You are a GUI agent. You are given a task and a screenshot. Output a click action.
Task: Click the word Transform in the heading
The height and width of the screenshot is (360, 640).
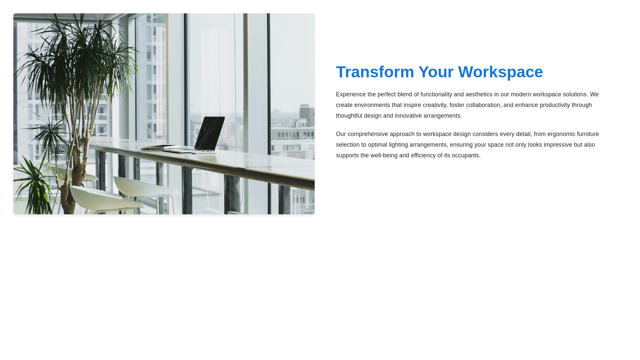pos(375,72)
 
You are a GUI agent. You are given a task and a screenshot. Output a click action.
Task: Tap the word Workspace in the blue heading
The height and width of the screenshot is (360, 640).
pos(500,72)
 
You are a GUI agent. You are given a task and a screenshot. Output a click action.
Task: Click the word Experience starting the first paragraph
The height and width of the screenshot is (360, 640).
pos(351,95)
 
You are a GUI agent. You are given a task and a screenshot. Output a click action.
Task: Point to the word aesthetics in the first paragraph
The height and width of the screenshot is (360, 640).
pos(479,95)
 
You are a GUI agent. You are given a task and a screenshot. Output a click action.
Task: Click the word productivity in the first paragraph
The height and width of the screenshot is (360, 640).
pos(555,105)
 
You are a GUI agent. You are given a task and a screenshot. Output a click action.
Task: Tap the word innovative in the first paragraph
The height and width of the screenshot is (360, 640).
pos(408,116)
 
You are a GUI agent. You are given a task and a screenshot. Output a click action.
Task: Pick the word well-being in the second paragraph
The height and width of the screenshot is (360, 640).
pos(384,156)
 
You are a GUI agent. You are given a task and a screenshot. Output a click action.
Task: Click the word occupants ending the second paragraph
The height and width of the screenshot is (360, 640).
pos(465,156)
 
